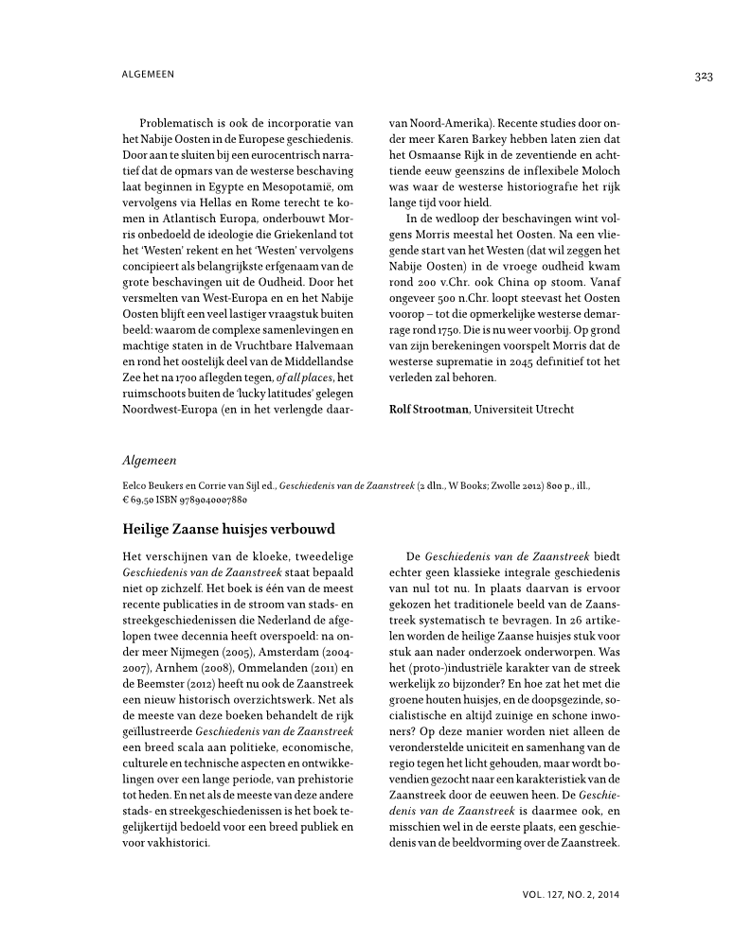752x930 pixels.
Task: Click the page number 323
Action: [x=702, y=77]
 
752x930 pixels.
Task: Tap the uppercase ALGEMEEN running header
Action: [x=149, y=74]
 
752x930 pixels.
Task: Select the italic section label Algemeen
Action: [x=150, y=460]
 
